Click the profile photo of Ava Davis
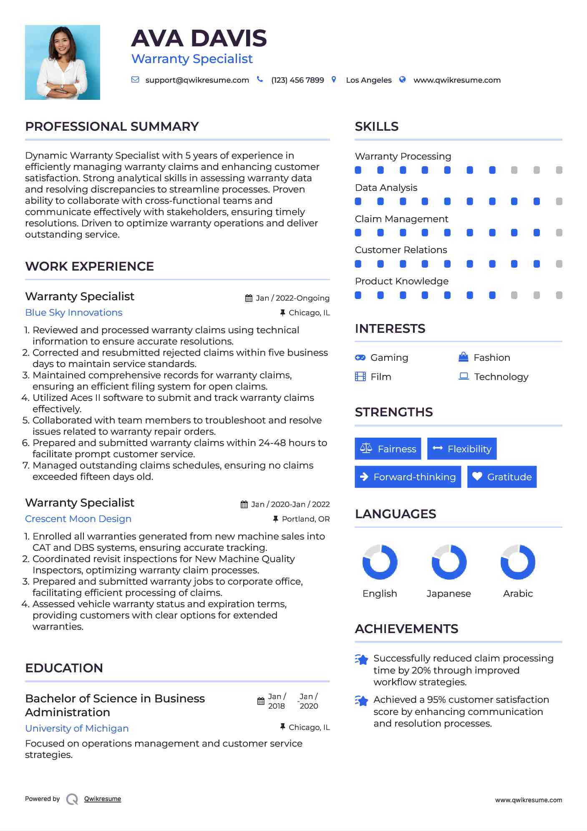point(63,62)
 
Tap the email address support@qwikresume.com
point(197,80)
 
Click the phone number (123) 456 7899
point(297,80)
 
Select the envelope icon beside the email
point(135,80)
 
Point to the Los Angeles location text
point(369,80)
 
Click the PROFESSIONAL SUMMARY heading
point(112,127)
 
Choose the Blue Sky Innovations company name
point(74,313)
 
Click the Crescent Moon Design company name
point(78,519)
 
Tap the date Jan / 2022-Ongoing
point(292,298)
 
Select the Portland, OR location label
point(306,519)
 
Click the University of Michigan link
point(77,729)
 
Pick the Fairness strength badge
point(388,449)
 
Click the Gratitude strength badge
point(502,477)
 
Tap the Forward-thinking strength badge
point(408,477)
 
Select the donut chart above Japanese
point(449,562)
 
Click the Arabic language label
point(518,594)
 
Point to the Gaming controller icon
point(360,358)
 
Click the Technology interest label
point(501,377)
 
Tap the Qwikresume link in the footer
point(103,799)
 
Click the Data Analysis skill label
point(386,188)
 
